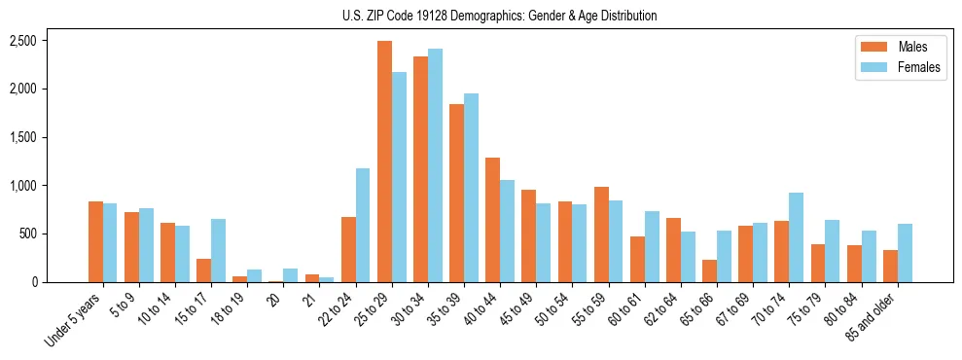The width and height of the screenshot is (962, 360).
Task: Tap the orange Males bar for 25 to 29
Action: click(x=384, y=162)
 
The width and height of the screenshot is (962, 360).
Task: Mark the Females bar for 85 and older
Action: click(x=905, y=253)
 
